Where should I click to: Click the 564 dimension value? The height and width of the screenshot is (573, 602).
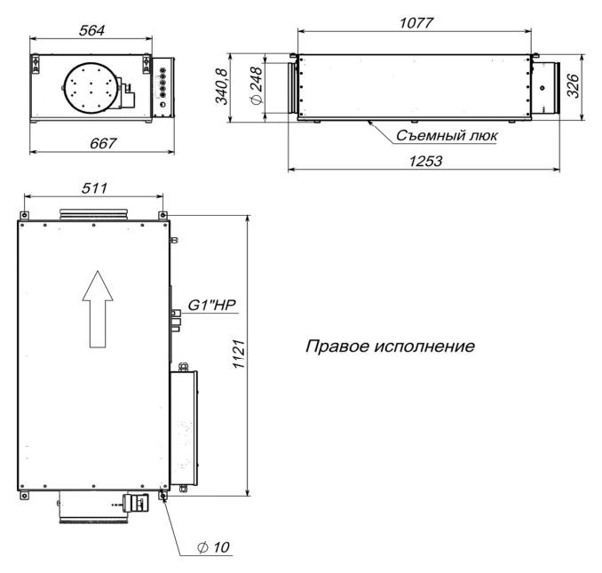pyautogui.click(x=91, y=30)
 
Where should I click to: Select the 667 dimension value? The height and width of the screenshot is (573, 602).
pyautogui.click(x=102, y=143)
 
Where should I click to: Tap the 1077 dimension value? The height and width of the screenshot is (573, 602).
pyautogui.click(x=416, y=23)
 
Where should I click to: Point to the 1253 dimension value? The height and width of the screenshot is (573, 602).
pyautogui.click(x=425, y=161)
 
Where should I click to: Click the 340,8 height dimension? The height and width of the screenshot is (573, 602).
pyautogui.click(x=221, y=86)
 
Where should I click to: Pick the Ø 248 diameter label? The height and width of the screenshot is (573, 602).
pyautogui.click(x=256, y=85)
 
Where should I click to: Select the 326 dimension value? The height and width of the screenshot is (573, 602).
pyautogui.click(x=573, y=86)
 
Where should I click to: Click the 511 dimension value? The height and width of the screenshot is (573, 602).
pyautogui.click(x=94, y=188)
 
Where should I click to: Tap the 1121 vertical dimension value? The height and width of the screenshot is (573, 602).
pyautogui.click(x=239, y=354)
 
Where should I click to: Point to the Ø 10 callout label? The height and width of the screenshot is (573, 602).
pyautogui.click(x=213, y=547)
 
